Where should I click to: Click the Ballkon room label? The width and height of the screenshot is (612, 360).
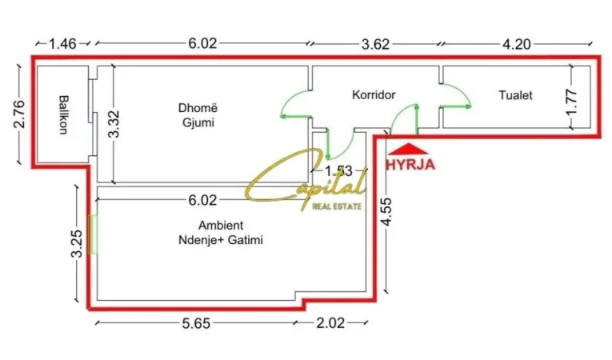63,117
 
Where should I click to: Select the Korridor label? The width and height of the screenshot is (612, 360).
374,95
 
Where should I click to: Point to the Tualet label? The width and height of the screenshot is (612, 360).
515,95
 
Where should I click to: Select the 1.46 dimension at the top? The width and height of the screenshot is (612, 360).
62,45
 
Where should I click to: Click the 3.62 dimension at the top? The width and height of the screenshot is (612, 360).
374,45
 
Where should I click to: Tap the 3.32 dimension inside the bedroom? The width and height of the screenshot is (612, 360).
113,124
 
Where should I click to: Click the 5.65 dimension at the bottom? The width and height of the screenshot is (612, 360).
201,323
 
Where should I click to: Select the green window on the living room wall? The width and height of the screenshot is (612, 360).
93,233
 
